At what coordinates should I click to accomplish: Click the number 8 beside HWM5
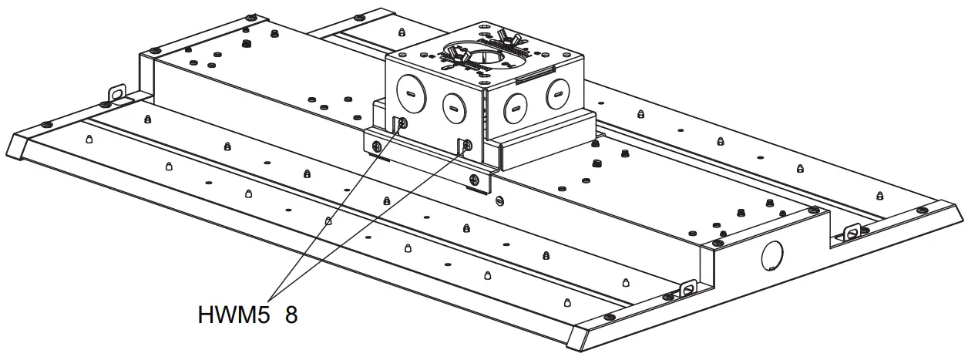tap(291, 315)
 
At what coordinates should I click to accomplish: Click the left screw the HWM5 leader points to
tap(402, 123)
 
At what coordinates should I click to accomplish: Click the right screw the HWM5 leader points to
tap(467, 143)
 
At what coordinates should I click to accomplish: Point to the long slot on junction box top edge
tap(532, 74)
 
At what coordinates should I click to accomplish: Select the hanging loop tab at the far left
tap(116, 93)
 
